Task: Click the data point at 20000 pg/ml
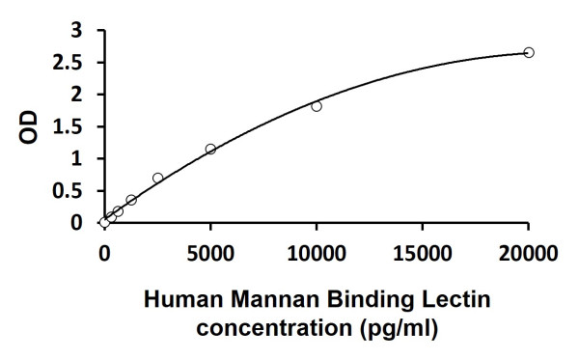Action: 528,52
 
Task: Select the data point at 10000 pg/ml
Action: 317,106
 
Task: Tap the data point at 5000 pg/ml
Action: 210,149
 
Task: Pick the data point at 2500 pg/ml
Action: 157,178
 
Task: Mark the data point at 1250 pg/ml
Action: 131,200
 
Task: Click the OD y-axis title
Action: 29,126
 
